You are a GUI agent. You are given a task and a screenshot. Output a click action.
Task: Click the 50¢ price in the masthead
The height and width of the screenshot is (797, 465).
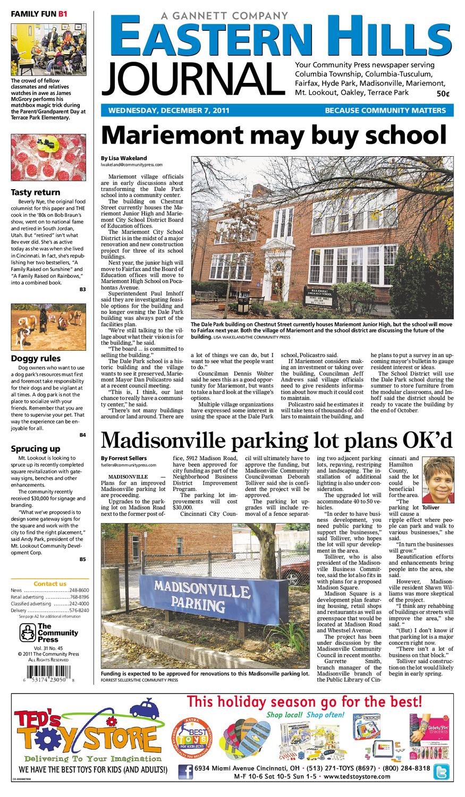[443, 94]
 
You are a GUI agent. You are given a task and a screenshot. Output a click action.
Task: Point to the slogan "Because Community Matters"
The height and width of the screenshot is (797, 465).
[385, 111]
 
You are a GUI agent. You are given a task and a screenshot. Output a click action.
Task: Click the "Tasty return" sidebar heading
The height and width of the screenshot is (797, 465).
[36, 192]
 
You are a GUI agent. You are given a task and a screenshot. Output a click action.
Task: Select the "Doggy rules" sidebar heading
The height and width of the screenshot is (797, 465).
[36, 359]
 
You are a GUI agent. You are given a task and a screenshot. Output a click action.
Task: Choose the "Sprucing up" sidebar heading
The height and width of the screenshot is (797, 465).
[36, 449]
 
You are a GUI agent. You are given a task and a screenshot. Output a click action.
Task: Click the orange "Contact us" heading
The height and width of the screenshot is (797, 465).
[50, 583]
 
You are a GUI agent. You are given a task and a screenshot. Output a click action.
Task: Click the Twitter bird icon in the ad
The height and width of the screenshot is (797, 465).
[442, 771]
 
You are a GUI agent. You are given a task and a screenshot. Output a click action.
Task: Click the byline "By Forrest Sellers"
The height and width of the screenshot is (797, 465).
[124, 458]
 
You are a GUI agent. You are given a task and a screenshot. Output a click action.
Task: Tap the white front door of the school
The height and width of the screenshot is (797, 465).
[276, 280]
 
